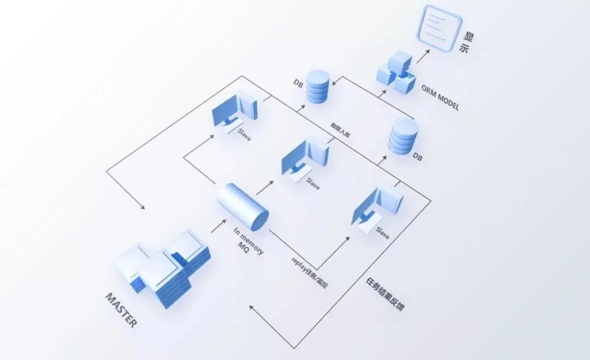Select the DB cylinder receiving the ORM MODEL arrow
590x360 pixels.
click(x=318, y=86)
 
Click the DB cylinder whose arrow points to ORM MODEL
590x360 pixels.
click(x=403, y=136)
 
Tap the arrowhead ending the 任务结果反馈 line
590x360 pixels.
click(x=252, y=307)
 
